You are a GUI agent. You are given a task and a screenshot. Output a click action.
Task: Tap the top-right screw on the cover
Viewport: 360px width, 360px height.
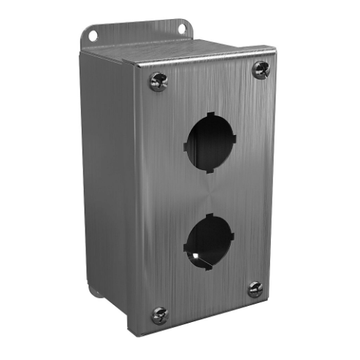(x=261, y=70)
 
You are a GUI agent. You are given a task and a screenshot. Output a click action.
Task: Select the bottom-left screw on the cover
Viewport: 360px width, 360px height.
(x=159, y=315)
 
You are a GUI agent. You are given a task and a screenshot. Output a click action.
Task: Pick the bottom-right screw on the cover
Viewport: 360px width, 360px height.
(x=254, y=288)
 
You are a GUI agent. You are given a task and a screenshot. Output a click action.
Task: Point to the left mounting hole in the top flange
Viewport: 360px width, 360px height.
(x=93, y=34)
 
